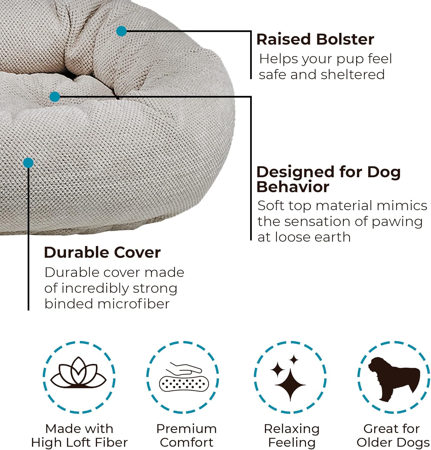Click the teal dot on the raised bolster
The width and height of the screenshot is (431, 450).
pos(121,31)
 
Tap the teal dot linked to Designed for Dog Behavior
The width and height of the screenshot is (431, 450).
pos(55,97)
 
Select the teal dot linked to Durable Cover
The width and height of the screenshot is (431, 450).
pos(28,163)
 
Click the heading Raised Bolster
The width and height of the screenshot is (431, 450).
pos(315,39)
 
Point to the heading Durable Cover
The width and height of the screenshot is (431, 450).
pos(102,253)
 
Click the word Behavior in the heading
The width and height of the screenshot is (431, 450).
pos(293,187)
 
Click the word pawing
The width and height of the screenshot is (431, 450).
pos(397,222)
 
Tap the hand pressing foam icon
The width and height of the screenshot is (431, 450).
pos(184,378)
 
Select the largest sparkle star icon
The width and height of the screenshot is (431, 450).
pos(290,384)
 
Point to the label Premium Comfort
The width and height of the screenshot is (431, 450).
pos(186,435)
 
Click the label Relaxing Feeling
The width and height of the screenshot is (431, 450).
pos(292,435)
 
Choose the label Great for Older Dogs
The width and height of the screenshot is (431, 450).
pos(393,435)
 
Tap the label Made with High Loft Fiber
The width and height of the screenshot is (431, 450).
pos(79,435)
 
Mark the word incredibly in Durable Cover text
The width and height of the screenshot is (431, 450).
pos(95,289)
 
